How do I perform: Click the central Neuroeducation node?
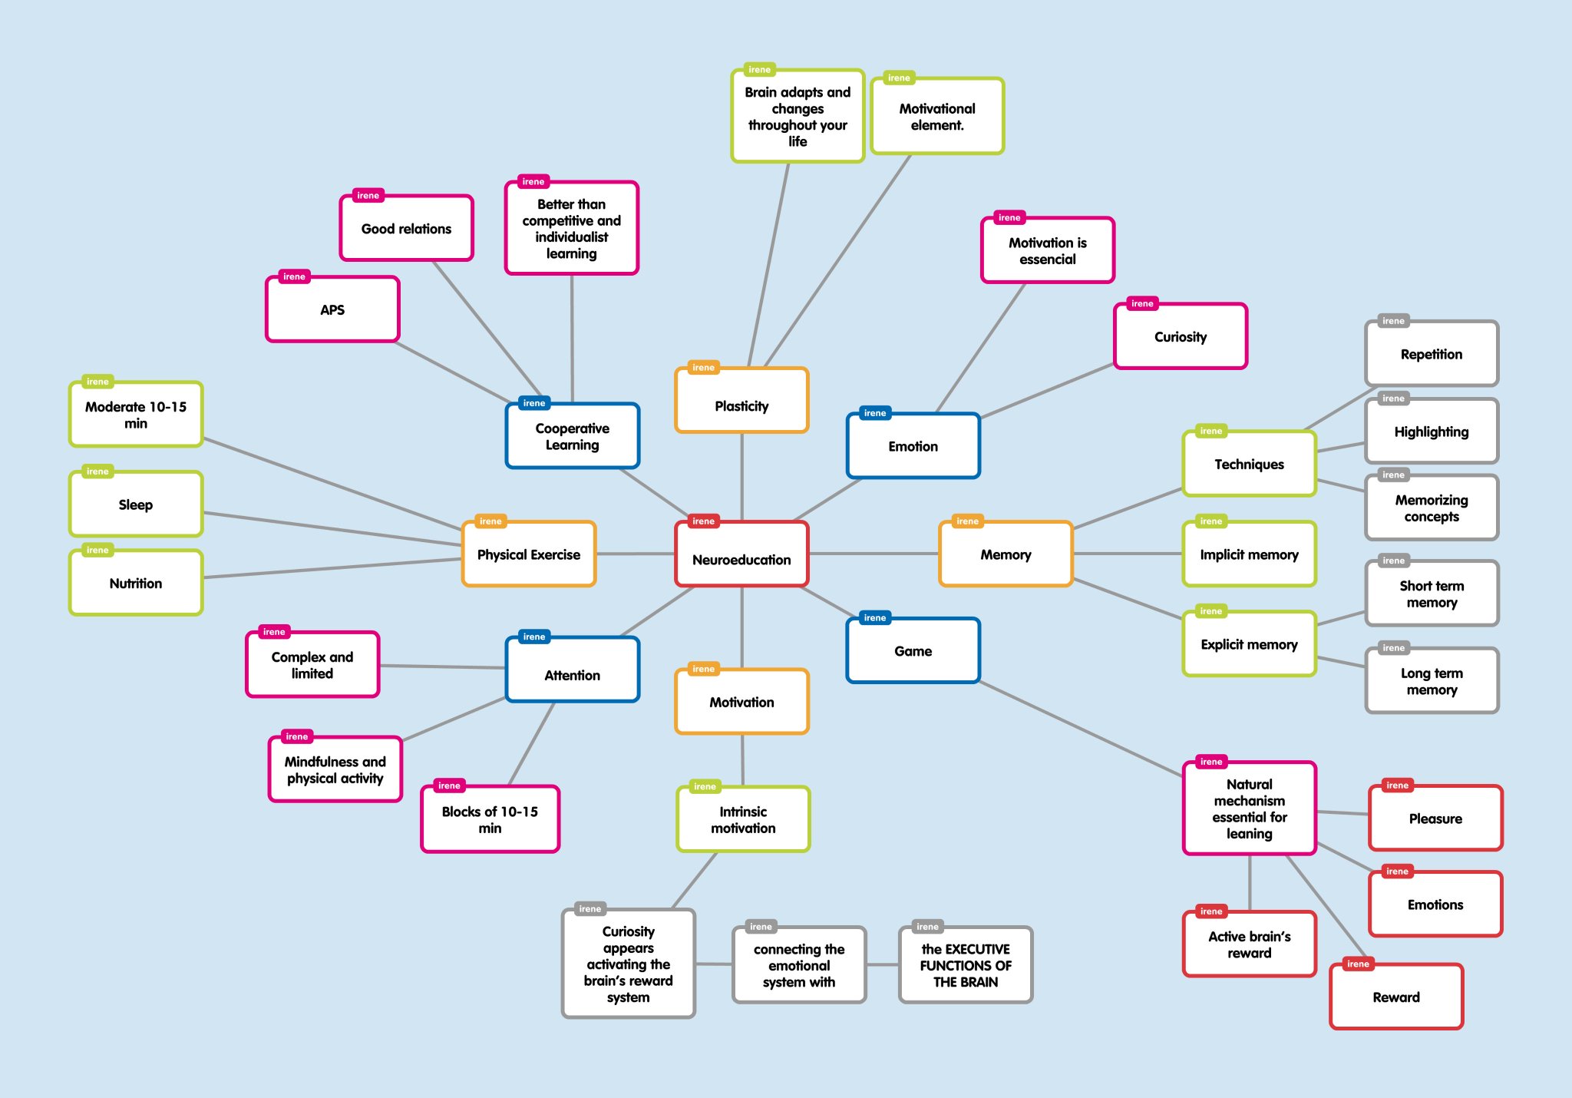[x=741, y=554]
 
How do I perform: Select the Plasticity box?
[x=741, y=401]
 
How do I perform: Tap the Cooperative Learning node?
[x=573, y=436]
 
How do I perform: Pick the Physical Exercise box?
[x=529, y=554]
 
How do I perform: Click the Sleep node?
[x=136, y=504]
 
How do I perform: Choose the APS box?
[x=332, y=309]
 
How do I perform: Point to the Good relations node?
[x=407, y=228]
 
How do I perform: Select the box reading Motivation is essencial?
[x=1048, y=250]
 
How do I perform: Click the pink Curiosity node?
[x=1181, y=336]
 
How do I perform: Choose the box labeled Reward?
[x=1396, y=997]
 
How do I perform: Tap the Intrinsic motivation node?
[x=743, y=819]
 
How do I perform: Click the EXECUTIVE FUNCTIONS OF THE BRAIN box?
[x=966, y=965]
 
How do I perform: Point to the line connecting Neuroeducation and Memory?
[x=874, y=554]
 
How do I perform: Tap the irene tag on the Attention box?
[x=534, y=637]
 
